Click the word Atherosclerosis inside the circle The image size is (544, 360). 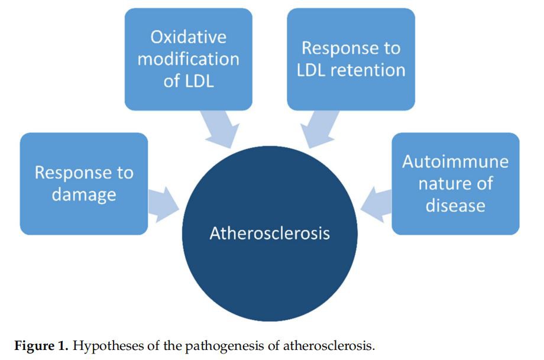click(x=270, y=233)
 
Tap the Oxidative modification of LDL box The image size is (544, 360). click(x=188, y=59)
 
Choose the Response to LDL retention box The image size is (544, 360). click(x=351, y=59)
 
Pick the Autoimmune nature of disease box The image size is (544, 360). click(x=455, y=184)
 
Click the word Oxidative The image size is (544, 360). click(x=188, y=37)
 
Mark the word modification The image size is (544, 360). click(x=188, y=59)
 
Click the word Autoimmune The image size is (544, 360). click(x=455, y=162)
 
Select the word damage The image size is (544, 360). click(x=83, y=194)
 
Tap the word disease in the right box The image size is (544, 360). click(x=455, y=205)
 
